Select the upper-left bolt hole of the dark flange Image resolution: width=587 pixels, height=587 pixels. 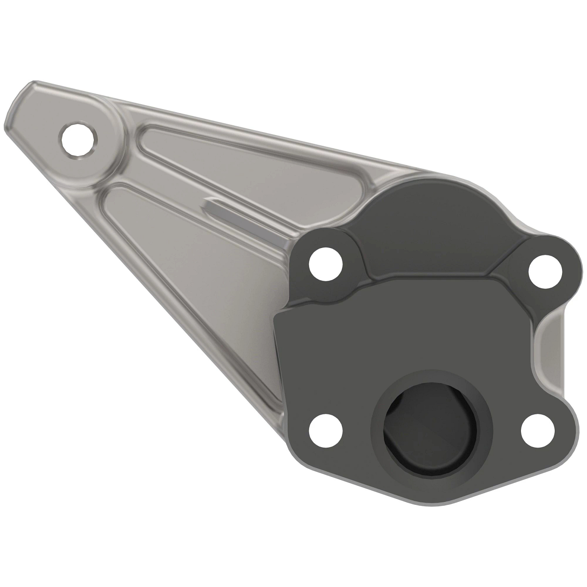pyautogui.click(x=327, y=265)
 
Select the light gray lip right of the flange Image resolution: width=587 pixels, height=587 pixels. pyautogui.click(x=550, y=352)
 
